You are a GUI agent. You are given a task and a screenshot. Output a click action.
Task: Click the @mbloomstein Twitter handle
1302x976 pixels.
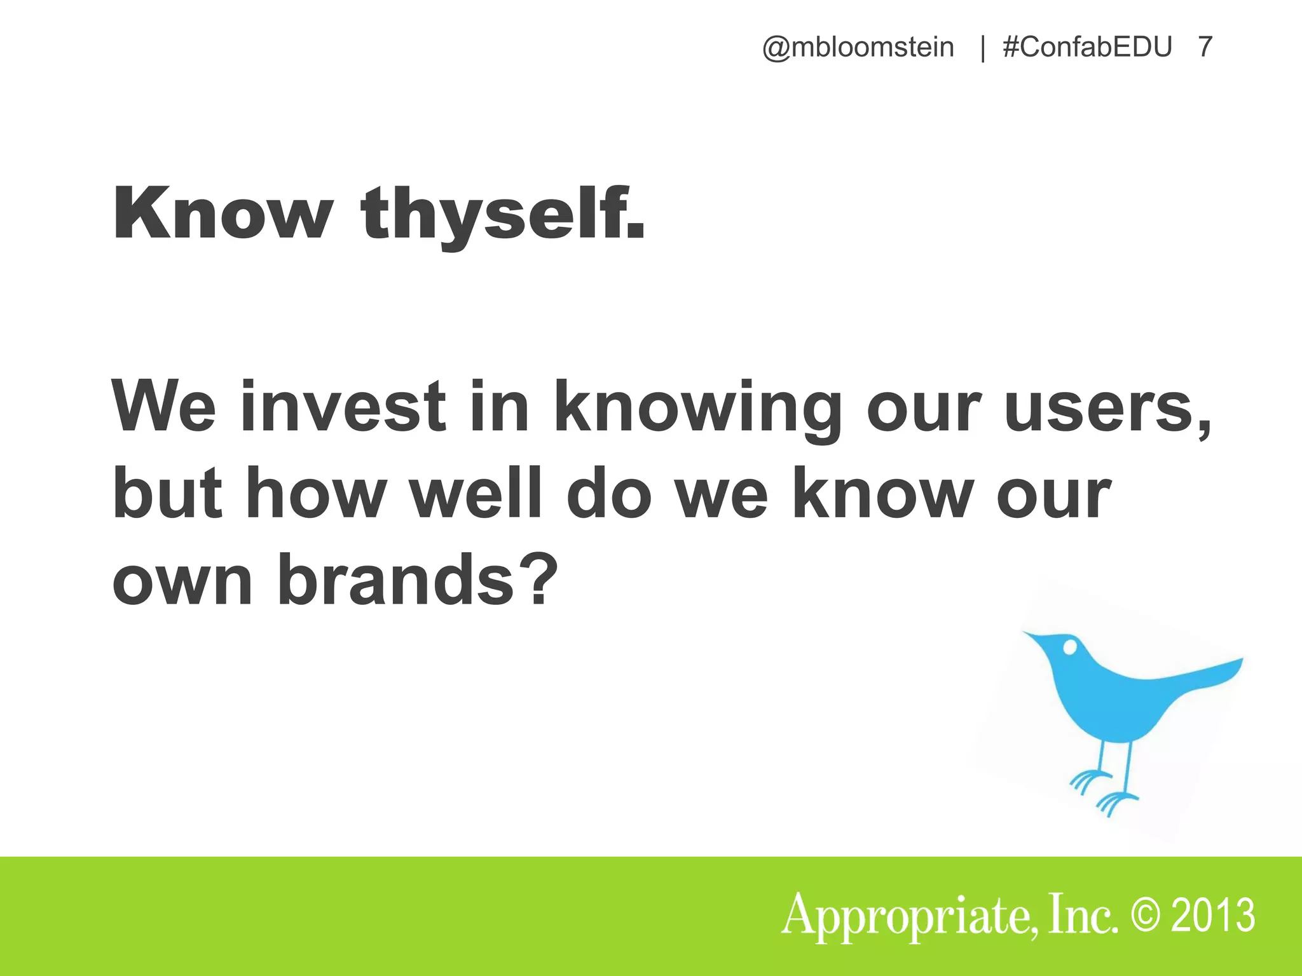tap(858, 48)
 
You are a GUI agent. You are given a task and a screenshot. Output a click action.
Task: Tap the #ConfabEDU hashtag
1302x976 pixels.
tap(1087, 48)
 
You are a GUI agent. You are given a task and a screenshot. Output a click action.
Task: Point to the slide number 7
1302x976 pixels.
tap(1205, 48)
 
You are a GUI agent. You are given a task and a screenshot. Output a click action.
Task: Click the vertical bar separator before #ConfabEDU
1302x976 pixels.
tap(983, 48)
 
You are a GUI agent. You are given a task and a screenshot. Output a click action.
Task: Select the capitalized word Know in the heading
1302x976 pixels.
tap(223, 214)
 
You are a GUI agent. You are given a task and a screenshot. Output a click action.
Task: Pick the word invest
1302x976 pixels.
tap(343, 407)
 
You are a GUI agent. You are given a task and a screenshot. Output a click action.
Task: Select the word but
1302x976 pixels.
tap(168, 494)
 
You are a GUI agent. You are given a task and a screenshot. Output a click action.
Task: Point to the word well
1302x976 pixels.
tap(477, 494)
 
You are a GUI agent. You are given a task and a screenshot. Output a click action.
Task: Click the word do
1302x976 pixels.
tap(609, 494)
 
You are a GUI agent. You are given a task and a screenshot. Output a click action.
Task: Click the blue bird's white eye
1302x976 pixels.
tap(1070, 647)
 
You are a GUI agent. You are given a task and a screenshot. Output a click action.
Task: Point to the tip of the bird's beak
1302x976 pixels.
tap(1024, 633)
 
